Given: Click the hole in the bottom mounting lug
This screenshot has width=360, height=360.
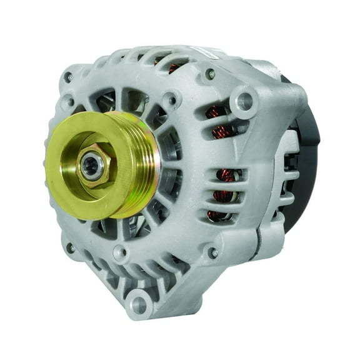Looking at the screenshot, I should [x=138, y=305].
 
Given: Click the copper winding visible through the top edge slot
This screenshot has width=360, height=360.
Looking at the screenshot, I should [x=176, y=66].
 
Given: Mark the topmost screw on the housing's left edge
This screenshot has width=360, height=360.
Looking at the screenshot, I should [x=67, y=77].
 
